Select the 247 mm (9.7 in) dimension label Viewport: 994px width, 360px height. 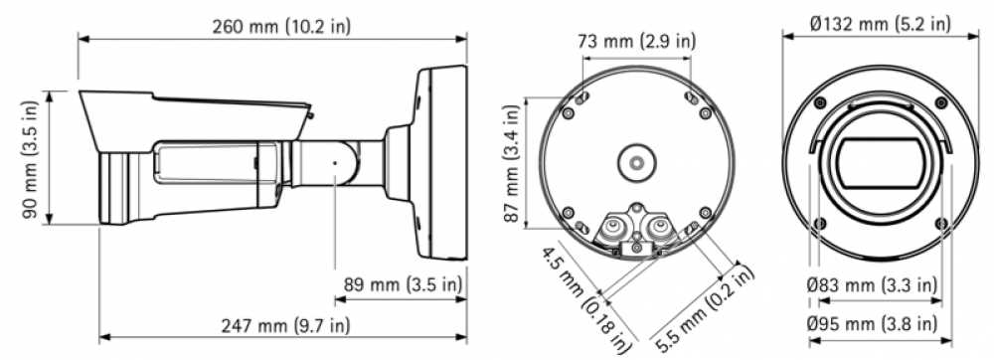click(282, 324)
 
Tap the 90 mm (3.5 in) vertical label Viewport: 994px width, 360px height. click(31, 157)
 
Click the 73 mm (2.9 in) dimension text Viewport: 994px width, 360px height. click(637, 42)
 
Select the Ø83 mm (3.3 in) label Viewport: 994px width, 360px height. click(871, 285)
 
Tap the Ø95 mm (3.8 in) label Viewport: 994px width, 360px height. click(871, 324)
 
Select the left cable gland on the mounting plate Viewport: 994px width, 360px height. click(613, 230)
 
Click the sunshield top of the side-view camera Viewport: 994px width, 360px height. click(199, 104)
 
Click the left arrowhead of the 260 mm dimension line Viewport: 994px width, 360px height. click(82, 40)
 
